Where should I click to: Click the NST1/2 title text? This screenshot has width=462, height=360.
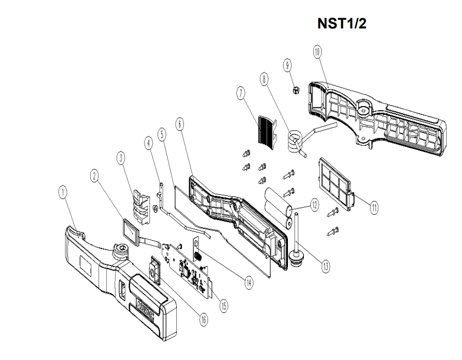click(x=342, y=25)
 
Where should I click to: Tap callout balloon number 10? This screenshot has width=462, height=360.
click(x=317, y=52)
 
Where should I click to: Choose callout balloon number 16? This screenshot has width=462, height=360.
click(x=203, y=320)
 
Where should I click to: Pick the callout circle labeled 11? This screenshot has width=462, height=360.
click(x=374, y=207)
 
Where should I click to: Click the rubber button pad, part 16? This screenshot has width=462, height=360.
click(x=153, y=271)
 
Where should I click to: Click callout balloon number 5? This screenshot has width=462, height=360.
click(x=161, y=133)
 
